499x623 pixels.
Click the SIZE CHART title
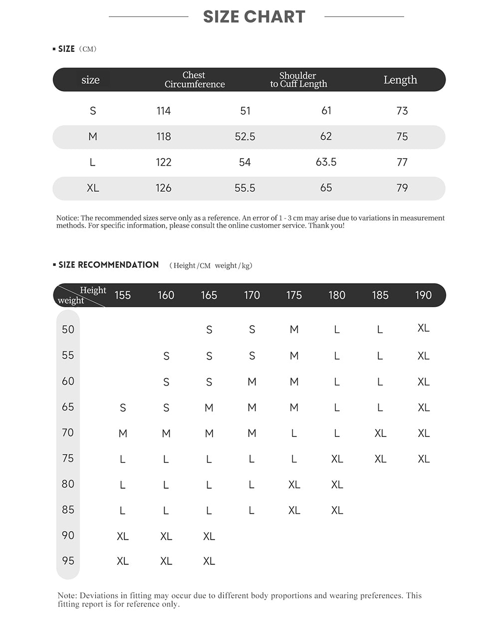point(254,17)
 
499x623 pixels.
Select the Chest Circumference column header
point(195,80)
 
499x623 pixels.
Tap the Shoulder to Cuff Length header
point(298,80)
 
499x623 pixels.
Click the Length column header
point(400,80)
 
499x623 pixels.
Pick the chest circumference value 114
point(164,111)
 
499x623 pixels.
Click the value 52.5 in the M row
point(245,137)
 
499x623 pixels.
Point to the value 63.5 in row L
point(326,162)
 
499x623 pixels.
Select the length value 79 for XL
point(402,188)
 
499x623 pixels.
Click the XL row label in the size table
point(93,188)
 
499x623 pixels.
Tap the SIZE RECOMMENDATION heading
point(108,265)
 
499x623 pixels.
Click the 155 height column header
point(123,295)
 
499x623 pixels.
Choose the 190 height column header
point(423,295)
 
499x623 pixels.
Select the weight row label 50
point(68,329)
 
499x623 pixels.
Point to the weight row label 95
point(68,561)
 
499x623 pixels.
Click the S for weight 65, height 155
point(123,408)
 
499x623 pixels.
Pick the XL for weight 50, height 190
point(423,328)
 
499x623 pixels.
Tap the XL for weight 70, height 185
point(380,433)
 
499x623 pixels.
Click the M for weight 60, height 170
point(252,382)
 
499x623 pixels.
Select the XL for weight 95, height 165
point(209,561)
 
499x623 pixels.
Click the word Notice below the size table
point(67,218)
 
